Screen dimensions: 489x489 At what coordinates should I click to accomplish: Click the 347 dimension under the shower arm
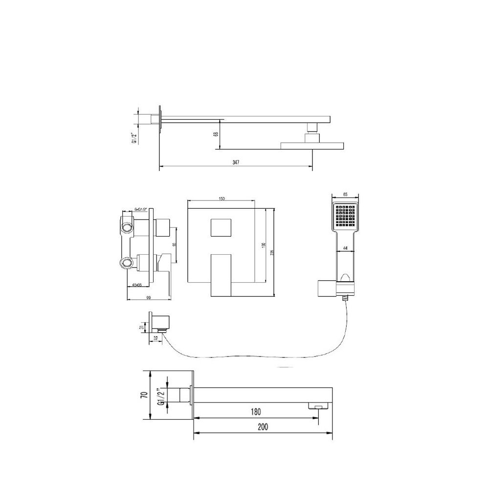(x=237, y=162)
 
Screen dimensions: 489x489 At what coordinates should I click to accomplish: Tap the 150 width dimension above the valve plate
(x=222, y=199)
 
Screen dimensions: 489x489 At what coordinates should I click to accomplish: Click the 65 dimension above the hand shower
(x=346, y=195)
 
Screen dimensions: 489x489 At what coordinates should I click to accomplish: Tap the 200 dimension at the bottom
(x=264, y=426)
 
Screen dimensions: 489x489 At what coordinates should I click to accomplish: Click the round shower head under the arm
(x=312, y=145)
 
